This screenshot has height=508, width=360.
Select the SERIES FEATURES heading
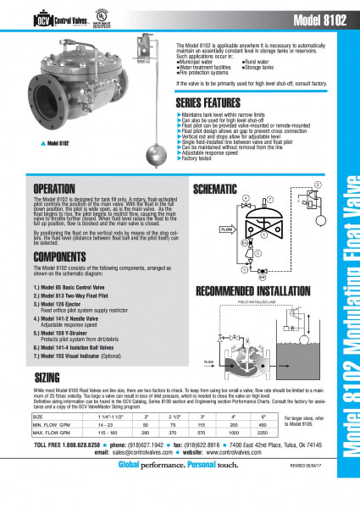[211, 102]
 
